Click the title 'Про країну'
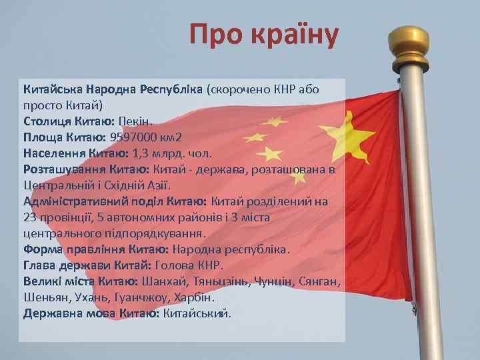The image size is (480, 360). coord(264,35)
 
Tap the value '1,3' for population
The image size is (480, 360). coord(141,153)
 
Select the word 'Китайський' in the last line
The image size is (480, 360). coord(198,313)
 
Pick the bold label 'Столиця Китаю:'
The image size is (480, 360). coord(69,121)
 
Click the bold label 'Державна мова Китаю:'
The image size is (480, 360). coord(91,313)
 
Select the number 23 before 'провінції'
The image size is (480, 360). coord(30,217)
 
